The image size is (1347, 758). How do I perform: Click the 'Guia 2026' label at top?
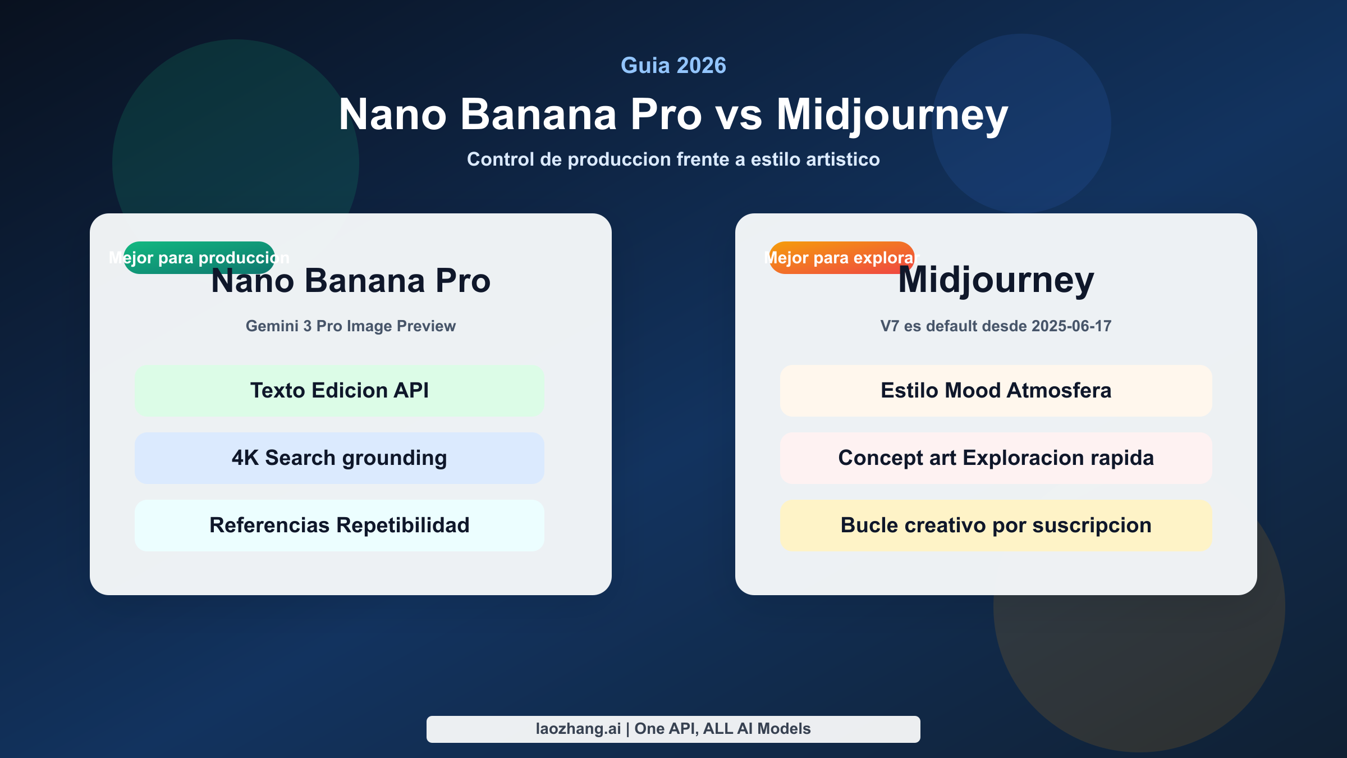coord(673,66)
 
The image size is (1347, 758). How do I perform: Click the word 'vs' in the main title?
coord(739,115)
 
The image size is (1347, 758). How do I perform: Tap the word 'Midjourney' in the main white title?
coord(892,116)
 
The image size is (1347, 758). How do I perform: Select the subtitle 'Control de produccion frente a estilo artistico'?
coord(673,159)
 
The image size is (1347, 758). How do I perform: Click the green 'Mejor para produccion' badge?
coord(199,258)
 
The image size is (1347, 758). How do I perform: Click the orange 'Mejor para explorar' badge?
coord(841,258)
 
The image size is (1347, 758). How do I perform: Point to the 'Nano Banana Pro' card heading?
coord(351,281)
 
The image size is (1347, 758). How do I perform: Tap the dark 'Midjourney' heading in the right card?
coord(996,280)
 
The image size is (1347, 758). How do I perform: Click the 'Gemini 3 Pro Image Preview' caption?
coord(351,326)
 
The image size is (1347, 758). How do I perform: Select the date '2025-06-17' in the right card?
coord(1071,326)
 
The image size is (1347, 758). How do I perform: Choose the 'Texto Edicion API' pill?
coord(340,391)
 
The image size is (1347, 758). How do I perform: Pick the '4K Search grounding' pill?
coord(340,458)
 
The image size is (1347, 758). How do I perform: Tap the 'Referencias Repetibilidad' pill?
coord(340,526)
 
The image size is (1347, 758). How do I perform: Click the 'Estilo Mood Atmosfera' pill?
coord(996,391)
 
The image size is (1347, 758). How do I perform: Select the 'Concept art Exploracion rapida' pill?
coord(996,458)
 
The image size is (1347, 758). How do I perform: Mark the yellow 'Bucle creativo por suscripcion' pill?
coord(996,526)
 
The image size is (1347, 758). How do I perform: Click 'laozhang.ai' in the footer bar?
coord(578,729)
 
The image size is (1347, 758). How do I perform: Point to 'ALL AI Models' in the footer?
coord(757,729)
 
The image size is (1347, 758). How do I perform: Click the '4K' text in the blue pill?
coord(245,458)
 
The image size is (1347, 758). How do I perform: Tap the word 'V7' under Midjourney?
coord(890,326)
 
